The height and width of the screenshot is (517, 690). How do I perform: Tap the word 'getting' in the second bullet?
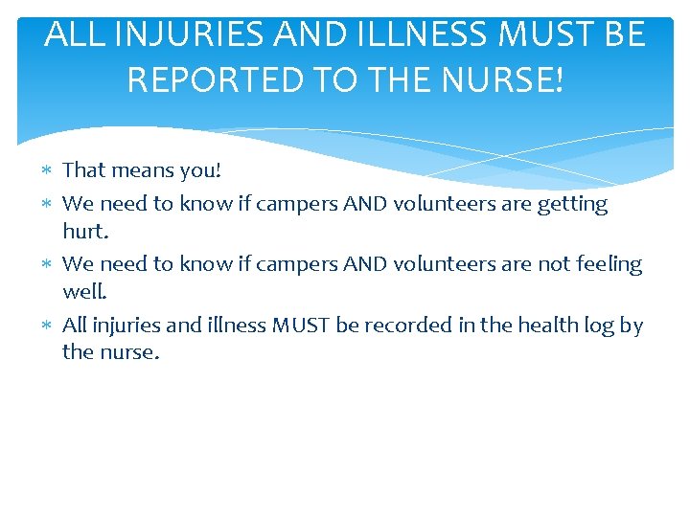[x=573, y=204]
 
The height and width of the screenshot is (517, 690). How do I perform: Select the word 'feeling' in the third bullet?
[x=609, y=264]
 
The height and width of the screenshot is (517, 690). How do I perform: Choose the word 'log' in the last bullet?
[x=600, y=326]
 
